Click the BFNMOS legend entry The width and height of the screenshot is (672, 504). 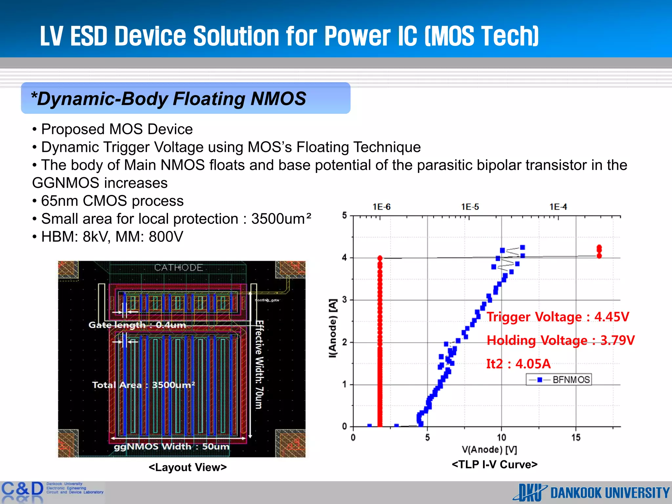pos(559,380)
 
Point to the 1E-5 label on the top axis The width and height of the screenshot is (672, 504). pos(470,207)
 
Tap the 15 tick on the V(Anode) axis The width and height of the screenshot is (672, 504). pos(576,437)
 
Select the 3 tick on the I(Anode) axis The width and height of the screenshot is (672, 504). pos(345,300)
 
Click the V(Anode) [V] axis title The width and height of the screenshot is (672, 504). pos(489,450)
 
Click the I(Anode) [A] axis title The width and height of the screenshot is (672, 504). pos(333,328)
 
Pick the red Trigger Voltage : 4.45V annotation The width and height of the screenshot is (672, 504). pos(558,317)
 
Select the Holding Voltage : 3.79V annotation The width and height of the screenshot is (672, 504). pos(560,340)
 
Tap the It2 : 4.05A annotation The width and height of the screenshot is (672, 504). pos(518,364)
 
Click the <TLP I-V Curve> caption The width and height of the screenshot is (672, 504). pos(494,464)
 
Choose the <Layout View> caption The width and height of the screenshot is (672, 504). pos(188,467)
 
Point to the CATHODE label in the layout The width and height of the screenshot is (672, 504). pos(178,268)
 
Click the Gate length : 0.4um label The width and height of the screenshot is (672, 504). pos(137,325)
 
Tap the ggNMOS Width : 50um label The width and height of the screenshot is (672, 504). pos(172,447)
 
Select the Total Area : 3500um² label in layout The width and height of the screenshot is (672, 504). pos(143,385)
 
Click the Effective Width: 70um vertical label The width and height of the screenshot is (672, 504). pos(259,364)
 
